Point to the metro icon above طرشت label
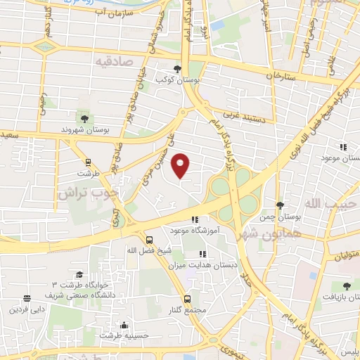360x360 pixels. tap(88, 161)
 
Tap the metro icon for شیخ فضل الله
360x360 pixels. tap(148, 239)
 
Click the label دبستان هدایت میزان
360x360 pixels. tap(206, 266)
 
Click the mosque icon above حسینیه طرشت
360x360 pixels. tap(124, 325)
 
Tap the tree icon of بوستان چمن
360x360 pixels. tap(280, 205)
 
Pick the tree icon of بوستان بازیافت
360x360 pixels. tap(346, 286)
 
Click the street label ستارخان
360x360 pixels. tap(278, 75)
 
